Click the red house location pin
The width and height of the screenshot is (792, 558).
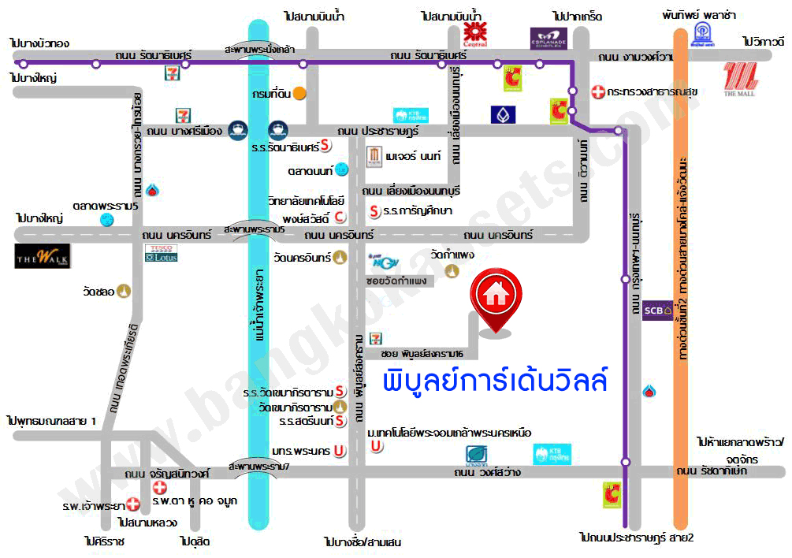tap(496, 300)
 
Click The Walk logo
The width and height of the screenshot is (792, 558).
tap(43, 256)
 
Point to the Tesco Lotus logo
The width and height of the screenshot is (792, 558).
tap(161, 253)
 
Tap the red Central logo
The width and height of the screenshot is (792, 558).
tap(474, 32)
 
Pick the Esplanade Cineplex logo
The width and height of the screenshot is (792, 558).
tap(548, 38)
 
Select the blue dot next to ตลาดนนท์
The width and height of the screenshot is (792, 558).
tap(341, 169)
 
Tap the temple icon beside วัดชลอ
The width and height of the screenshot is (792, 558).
tap(125, 292)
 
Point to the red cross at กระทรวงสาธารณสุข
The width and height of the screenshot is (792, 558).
tap(598, 92)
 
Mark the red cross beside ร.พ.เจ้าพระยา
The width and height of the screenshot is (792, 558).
tap(132, 504)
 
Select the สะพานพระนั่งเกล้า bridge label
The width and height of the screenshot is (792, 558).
tap(259, 49)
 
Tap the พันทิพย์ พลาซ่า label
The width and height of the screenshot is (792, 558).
tap(699, 15)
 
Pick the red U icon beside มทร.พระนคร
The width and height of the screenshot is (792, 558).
tap(337, 451)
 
